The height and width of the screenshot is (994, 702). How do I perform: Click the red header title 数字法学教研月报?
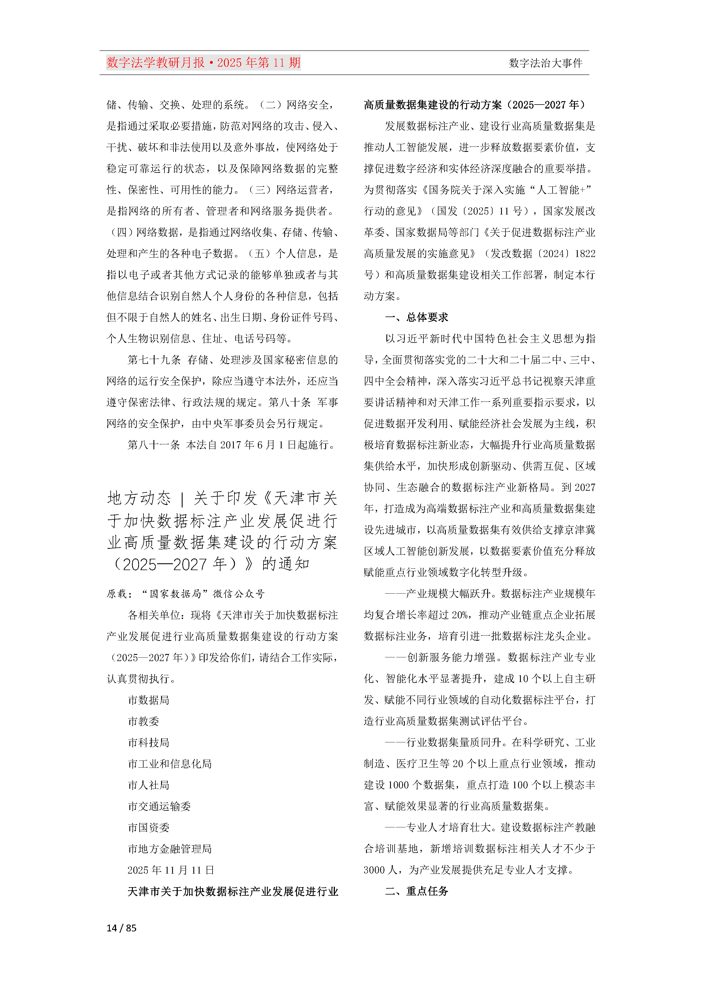(156, 63)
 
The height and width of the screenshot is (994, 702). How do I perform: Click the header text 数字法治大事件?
(545, 63)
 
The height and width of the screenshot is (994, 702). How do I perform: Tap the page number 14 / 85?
(121, 927)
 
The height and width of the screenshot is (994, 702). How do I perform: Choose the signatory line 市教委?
(143, 721)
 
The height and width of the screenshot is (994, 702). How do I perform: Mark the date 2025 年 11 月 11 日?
(171, 870)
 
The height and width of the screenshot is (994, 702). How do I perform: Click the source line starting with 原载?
(186, 594)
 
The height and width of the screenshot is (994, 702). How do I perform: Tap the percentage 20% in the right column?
(459, 615)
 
